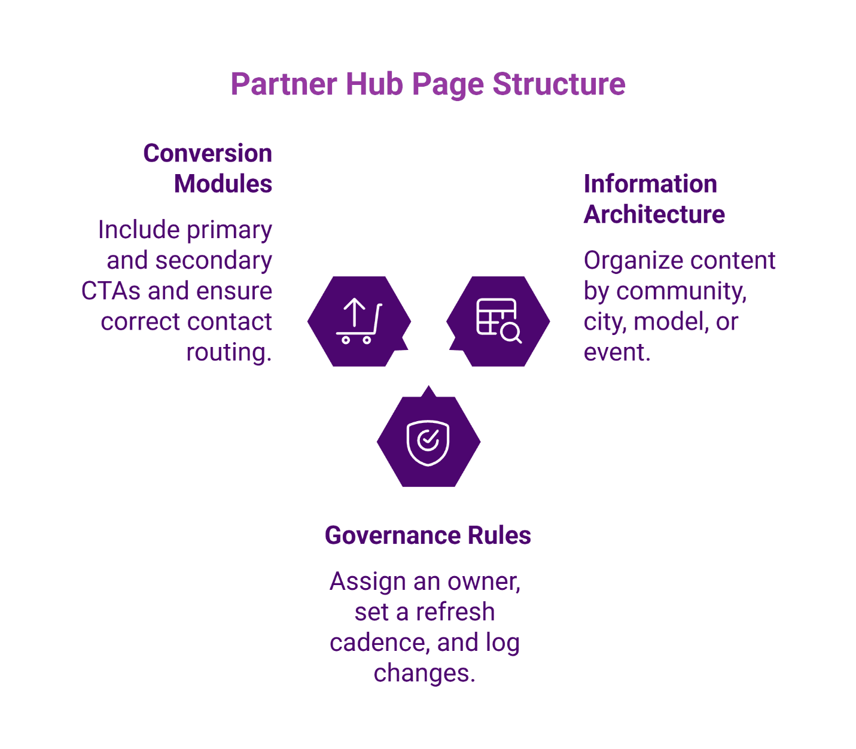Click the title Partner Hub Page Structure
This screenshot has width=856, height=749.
(x=428, y=84)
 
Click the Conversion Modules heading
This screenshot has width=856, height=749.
(x=208, y=168)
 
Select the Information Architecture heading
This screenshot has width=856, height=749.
(x=654, y=199)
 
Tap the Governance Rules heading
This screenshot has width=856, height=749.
(x=428, y=535)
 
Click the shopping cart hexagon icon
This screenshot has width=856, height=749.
(x=359, y=321)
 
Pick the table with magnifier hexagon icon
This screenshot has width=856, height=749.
(x=498, y=321)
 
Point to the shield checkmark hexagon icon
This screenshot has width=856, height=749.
(x=428, y=442)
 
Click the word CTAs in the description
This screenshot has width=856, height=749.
(x=111, y=291)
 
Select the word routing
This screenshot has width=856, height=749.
(x=229, y=352)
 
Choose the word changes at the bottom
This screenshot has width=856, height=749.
(x=424, y=673)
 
